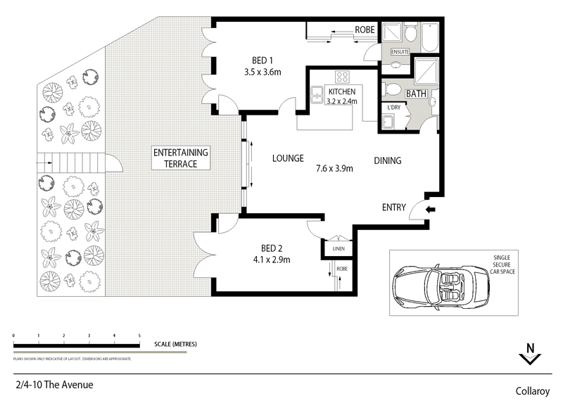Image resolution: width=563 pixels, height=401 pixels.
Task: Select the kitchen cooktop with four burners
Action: coord(343,77)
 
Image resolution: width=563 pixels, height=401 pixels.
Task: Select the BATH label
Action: coord(416,93)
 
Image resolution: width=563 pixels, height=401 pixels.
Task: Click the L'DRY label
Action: coord(393,108)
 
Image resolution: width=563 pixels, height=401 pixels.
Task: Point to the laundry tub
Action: coord(389,122)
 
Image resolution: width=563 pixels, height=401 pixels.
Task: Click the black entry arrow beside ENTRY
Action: coord(431,209)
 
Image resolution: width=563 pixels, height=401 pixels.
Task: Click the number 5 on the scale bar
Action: coord(139,335)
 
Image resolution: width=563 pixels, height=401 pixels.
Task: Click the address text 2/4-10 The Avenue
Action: coord(53,385)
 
